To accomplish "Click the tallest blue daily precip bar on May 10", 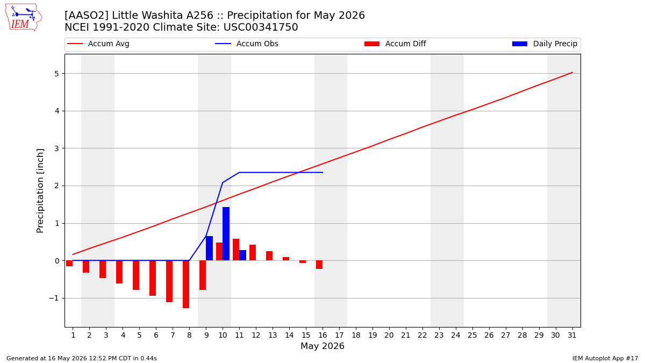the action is (226, 233).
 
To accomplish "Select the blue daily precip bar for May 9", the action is (209, 248).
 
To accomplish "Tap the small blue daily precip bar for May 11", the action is (243, 255).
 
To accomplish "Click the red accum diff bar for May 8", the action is (186, 284).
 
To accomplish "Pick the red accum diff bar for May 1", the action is (69, 264).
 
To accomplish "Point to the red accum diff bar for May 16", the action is (319, 265).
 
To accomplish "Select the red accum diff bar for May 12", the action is (253, 253).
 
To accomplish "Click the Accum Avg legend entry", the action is (98, 44).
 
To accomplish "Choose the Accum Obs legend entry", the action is (247, 44).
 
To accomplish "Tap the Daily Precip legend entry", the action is (544, 44).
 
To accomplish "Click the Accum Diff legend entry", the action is (395, 44).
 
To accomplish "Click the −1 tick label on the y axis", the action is (54, 298).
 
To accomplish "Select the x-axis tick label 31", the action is (572, 336).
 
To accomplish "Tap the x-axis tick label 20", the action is (389, 336).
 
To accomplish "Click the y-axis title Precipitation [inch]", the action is (40, 191).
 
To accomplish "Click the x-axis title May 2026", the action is (322, 346).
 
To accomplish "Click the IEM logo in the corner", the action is (23, 18).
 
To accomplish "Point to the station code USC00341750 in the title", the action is (261, 27).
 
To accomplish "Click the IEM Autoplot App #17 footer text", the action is (605, 358).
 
